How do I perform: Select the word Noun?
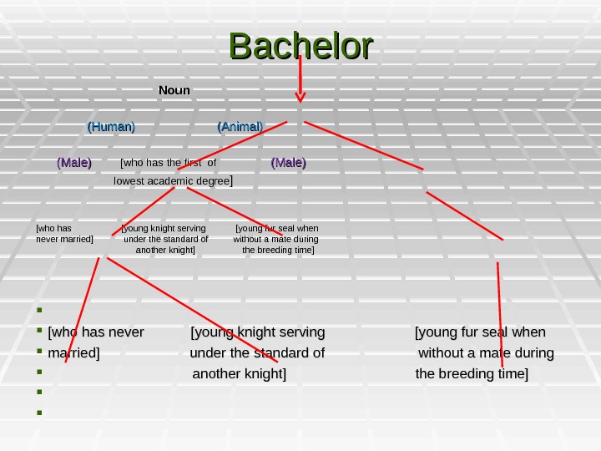174,89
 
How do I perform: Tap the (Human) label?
112,126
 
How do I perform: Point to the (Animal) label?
240,126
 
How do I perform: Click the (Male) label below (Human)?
74,162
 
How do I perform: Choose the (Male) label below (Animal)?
289,162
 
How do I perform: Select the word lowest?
129,180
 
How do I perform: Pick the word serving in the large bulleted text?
300,333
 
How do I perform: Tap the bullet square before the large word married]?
39,352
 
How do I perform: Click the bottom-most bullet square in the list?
39,411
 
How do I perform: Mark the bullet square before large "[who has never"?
39,333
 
